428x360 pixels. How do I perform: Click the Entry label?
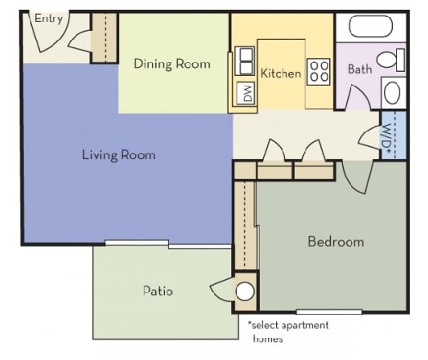(x=48, y=19)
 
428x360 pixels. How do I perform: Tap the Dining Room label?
(x=172, y=64)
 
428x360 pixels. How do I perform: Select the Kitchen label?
(x=281, y=73)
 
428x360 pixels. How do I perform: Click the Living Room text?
(x=119, y=155)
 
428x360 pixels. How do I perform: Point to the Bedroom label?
(x=336, y=242)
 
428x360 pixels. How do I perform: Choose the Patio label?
(x=158, y=291)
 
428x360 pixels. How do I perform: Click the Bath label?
(x=359, y=69)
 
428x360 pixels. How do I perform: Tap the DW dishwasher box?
(x=246, y=93)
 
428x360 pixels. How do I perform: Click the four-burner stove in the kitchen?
(x=319, y=72)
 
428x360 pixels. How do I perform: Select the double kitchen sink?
(x=245, y=61)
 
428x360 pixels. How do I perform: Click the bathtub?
(x=371, y=26)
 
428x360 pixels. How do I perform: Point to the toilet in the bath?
(x=391, y=60)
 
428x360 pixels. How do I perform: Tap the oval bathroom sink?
(x=392, y=92)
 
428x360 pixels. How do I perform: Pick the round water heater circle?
(x=245, y=291)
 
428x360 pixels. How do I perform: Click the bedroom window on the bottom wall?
(x=329, y=312)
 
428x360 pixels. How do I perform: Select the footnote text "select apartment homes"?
(x=288, y=331)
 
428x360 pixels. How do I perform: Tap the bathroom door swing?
(x=359, y=97)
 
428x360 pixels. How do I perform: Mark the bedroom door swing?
(x=358, y=177)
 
